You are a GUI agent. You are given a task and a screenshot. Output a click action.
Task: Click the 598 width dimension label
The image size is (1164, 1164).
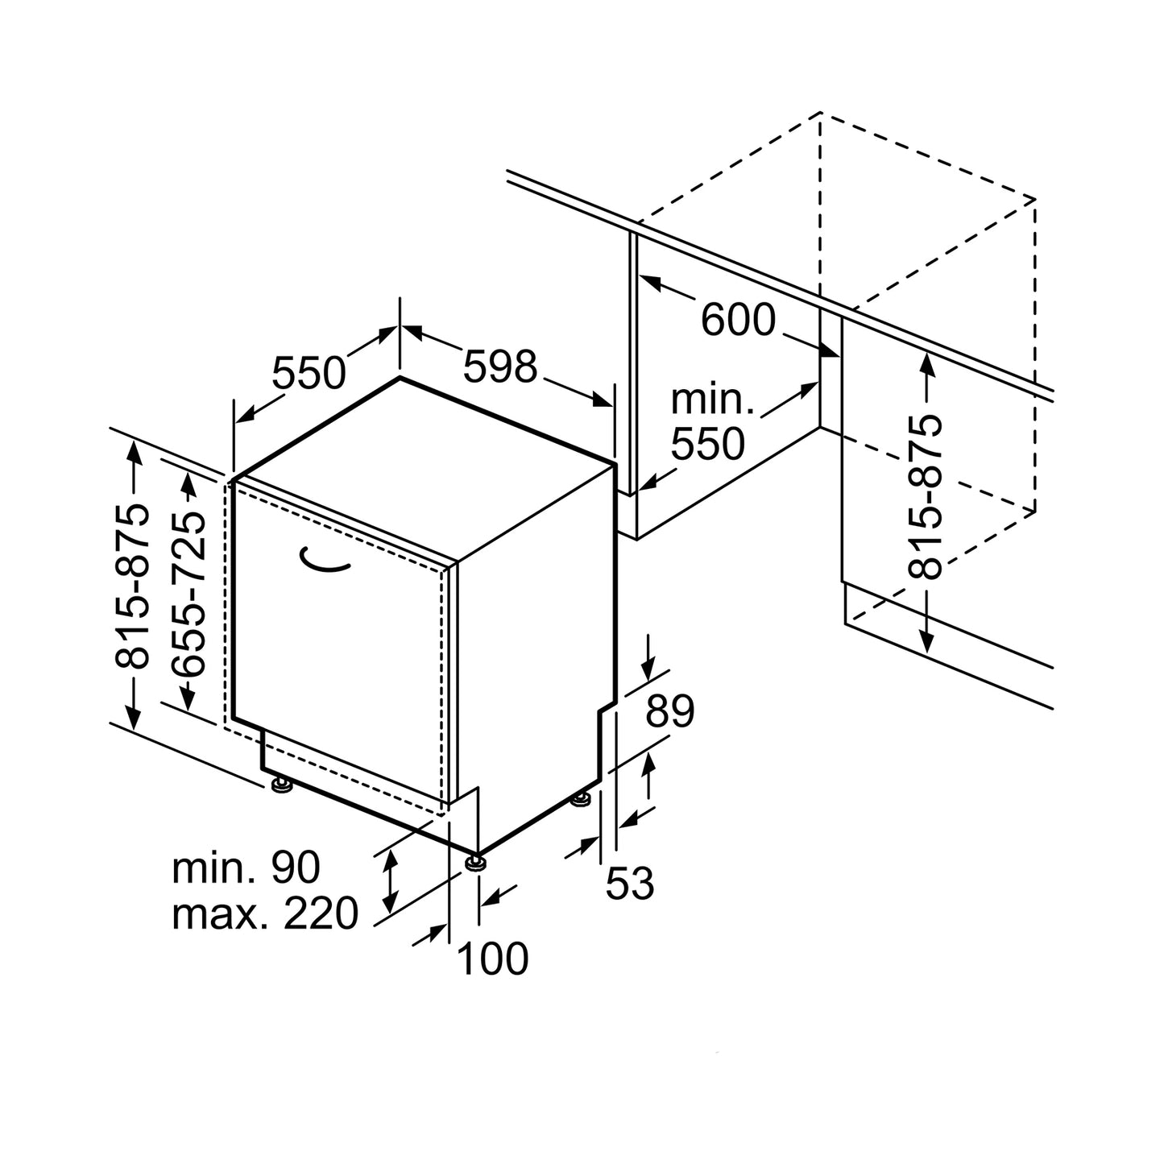[499, 367]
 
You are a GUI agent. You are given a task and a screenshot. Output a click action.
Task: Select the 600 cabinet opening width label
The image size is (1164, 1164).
[737, 321]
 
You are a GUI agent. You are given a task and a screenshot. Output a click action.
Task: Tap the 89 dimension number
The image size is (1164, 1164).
[670, 711]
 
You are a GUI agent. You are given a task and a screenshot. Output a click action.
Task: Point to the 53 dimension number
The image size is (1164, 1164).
[629, 884]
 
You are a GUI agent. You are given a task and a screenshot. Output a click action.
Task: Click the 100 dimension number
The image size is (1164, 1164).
[492, 959]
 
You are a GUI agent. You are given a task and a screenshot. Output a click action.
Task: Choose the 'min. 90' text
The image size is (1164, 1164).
[246, 868]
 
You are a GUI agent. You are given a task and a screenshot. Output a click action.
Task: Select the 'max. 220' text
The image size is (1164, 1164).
[265, 913]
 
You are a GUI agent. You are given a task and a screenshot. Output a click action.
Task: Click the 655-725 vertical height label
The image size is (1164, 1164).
[188, 593]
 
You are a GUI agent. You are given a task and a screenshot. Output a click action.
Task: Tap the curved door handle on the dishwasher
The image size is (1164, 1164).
[324, 561]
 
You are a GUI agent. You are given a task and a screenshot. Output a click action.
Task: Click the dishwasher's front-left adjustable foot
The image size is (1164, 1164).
[281, 785]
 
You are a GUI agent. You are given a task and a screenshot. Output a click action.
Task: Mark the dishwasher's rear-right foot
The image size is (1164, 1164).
[580, 799]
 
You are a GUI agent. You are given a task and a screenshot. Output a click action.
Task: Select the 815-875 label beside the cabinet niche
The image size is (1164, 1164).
[926, 496]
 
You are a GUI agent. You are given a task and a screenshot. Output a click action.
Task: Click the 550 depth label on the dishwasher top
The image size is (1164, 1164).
[309, 373]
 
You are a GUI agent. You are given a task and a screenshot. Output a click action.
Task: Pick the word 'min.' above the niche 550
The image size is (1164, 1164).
[711, 400]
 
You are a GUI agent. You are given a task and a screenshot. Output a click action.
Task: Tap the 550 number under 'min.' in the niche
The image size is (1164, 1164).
[708, 444]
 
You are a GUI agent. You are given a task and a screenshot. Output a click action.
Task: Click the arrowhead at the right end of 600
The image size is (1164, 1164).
[831, 351]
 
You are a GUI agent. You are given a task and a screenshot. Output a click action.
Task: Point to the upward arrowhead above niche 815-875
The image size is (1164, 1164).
[926, 364]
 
